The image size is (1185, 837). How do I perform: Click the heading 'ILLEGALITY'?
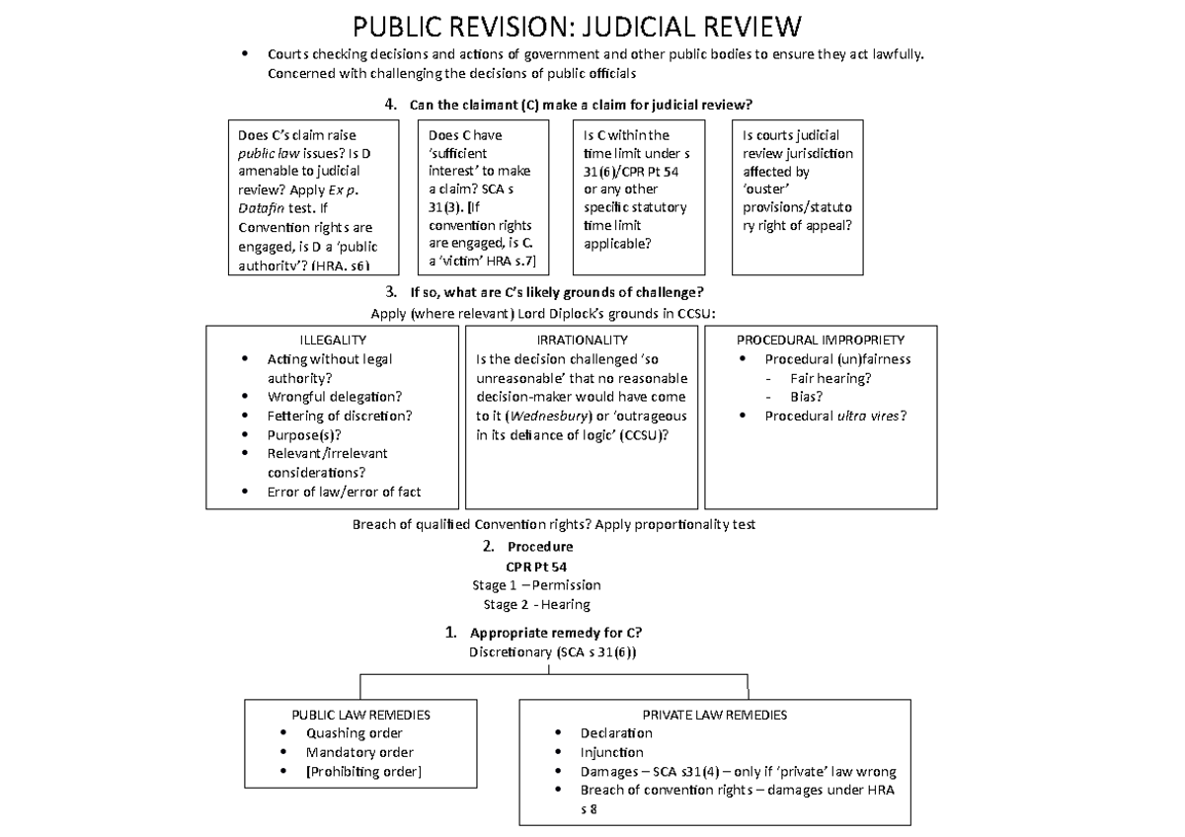[x=333, y=340]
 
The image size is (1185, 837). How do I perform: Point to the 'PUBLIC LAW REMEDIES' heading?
[x=360, y=715]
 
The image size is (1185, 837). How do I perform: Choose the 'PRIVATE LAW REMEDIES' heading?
[x=715, y=715]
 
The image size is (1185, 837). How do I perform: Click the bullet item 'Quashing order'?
[x=354, y=733]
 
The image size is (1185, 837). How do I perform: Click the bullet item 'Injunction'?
[x=611, y=752]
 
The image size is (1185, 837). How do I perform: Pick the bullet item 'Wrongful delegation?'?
[x=334, y=397]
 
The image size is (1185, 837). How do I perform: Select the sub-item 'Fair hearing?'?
[x=830, y=378]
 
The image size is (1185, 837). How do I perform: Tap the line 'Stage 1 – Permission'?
[x=536, y=585]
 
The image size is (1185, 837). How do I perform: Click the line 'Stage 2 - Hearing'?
[x=536, y=604]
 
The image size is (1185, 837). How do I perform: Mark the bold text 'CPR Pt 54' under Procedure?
[x=536, y=567]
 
